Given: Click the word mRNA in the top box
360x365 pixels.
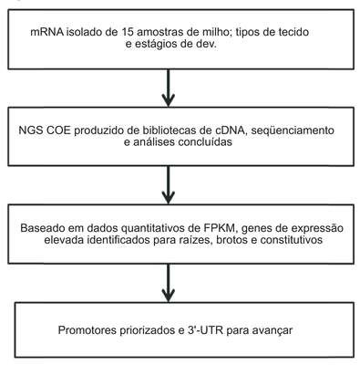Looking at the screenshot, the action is point(47,32).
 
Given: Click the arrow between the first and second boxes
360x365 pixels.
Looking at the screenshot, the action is point(168,88).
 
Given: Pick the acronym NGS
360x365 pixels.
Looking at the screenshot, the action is point(31,130).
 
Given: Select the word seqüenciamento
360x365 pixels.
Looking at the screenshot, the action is point(293,130).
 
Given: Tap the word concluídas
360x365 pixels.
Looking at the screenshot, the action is point(205,142).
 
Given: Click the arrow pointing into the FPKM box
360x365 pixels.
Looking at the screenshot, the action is point(168,184).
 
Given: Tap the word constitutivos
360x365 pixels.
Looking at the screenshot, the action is point(291,240).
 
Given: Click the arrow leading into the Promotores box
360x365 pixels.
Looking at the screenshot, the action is point(168,283).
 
